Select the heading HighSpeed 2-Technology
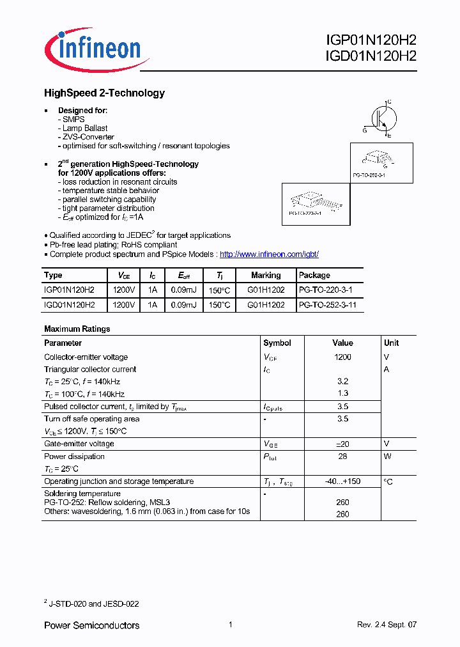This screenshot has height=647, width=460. coord(104,93)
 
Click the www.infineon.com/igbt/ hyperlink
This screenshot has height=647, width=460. coord(269,254)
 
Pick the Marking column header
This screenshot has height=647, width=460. coord(266,275)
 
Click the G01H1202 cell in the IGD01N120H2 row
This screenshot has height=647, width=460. coord(266,306)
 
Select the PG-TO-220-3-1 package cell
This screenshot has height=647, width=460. coord(325,290)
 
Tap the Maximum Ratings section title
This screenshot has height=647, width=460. coord(77,329)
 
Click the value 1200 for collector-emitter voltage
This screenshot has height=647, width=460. coord(342,357)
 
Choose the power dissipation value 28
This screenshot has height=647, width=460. coord(342,456)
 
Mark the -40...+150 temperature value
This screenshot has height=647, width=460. coord(342,481)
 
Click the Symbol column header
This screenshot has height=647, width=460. coord(277,343)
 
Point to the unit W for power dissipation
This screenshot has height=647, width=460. coord(387,456)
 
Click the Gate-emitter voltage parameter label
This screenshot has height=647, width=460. coord(79,444)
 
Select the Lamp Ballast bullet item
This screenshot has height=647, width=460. coord(84,129)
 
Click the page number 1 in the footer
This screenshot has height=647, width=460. coord(229,625)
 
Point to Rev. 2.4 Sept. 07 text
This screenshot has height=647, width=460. coord(386,625)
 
